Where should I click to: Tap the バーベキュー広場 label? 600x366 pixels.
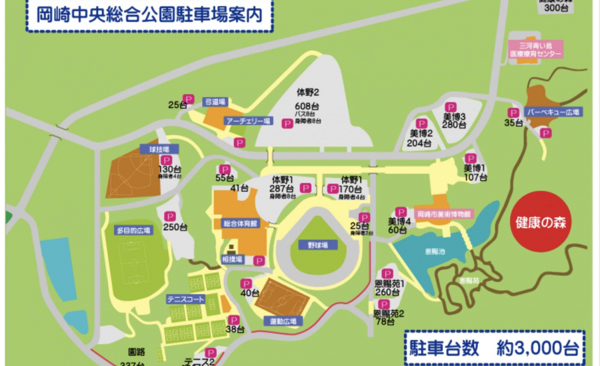pyautogui.click(x=553, y=112)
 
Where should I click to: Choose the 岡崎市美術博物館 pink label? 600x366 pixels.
pyautogui.click(x=443, y=214)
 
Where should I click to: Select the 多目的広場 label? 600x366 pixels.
pyautogui.click(x=133, y=230)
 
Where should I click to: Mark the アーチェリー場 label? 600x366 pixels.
pyautogui.click(x=247, y=121)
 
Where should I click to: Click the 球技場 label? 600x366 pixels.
pyautogui.click(x=150, y=149)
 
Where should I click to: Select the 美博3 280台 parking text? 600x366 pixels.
pyautogui.click(x=453, y=120)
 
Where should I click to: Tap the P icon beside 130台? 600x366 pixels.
pyautogui.click(x=166, y=160)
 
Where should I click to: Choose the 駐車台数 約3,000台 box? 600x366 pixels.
pyautogui.click(x=494, y=347)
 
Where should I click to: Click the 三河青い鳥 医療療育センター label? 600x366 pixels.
pyautogui.click(x=535, y=49)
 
